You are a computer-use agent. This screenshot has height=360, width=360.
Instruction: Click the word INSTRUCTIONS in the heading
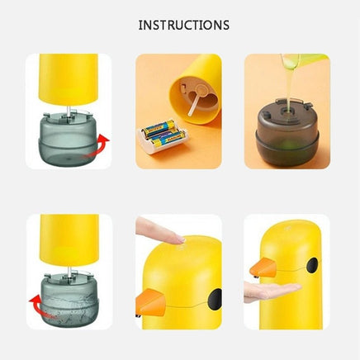point(183,26)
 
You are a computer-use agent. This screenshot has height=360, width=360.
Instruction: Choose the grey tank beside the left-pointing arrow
point(69,301)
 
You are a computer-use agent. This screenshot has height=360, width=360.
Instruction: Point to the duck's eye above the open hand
point(312,266)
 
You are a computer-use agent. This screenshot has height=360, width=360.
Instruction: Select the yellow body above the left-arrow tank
point(69,239)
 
